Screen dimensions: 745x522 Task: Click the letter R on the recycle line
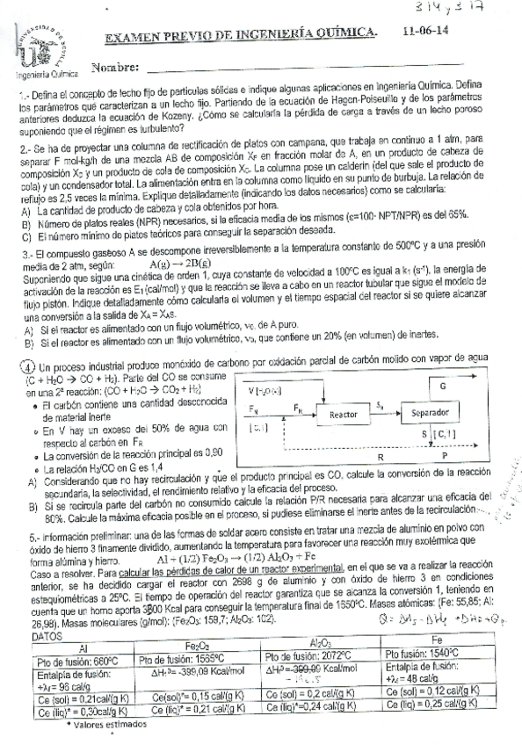[379, 458]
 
